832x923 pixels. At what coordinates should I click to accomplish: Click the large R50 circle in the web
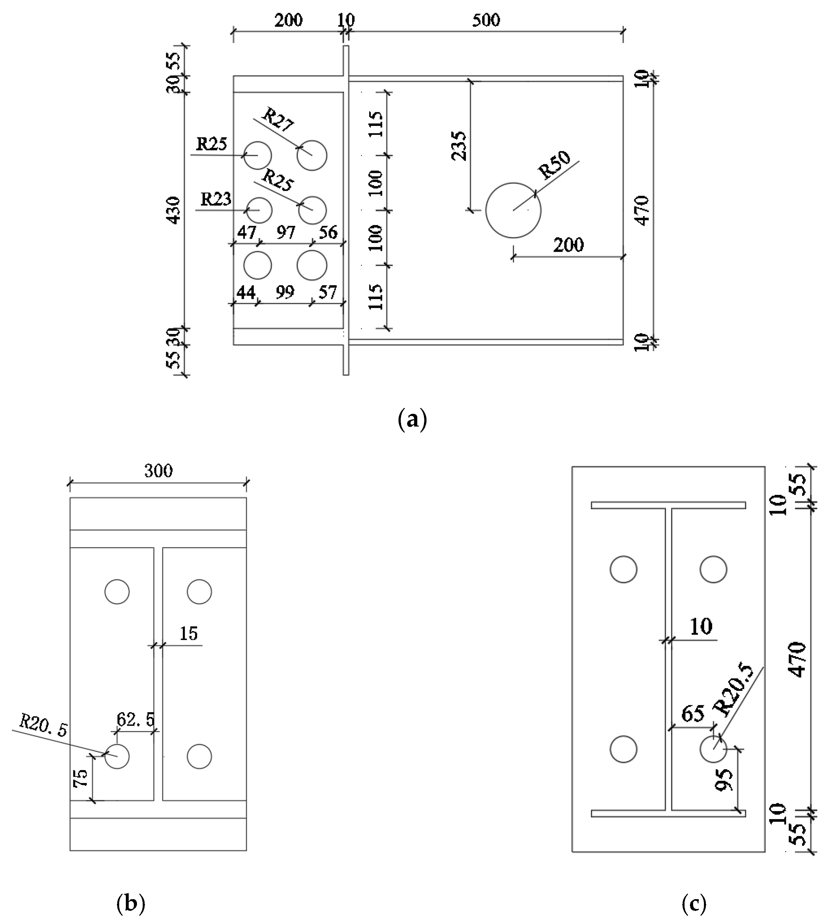tap(513, 210)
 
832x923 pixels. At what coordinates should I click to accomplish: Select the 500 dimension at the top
tap(486, 20)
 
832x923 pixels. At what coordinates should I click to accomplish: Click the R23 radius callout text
tap(216, 199)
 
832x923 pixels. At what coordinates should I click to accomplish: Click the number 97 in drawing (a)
tap(286, 233)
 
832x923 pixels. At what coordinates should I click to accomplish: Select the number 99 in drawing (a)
tap(285, 292)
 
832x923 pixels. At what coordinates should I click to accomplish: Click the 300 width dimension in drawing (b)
tap(158, 471)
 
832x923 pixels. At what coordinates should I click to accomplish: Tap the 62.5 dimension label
tap(135, 720)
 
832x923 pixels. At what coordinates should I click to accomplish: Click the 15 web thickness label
tap(188, 634)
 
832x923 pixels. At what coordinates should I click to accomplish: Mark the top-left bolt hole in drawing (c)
tap(624, 569)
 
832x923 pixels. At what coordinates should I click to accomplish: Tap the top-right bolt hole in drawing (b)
tap(199, 591)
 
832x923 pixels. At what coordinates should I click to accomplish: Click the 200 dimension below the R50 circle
tap(568, 245)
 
